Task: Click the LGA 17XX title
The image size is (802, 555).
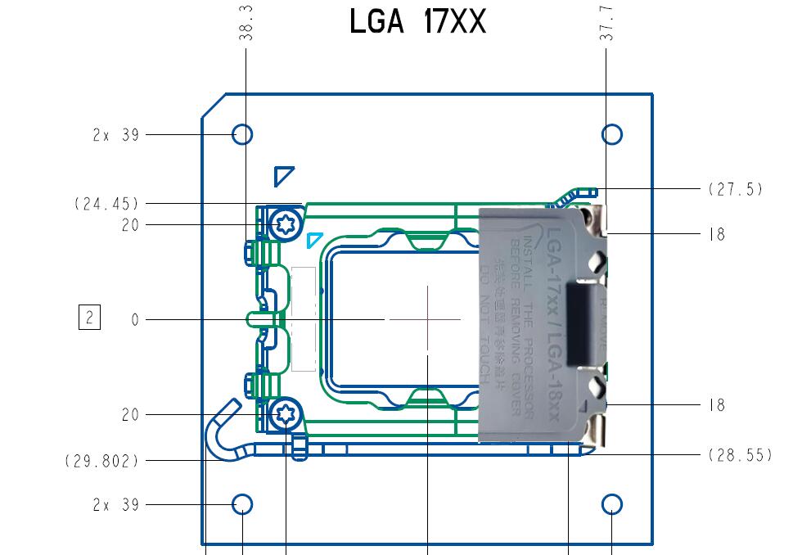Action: [417, 22]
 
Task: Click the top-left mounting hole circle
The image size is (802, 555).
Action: [242, 134]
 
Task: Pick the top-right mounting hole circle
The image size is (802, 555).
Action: [611, 134]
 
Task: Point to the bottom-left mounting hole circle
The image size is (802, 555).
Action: [242, 504]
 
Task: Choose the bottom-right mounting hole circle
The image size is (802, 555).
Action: [611, 504]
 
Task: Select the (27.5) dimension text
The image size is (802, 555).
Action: [735, 189]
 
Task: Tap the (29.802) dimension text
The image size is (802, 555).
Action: [101, 462]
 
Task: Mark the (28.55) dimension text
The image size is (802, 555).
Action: [739, 454]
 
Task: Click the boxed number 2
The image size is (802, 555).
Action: [89, 318]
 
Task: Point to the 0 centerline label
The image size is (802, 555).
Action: [135, 321]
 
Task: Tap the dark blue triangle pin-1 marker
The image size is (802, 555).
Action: [282, 174]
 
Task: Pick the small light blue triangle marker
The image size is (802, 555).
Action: [313, 240]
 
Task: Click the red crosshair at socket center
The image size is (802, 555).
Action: [427, 318]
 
